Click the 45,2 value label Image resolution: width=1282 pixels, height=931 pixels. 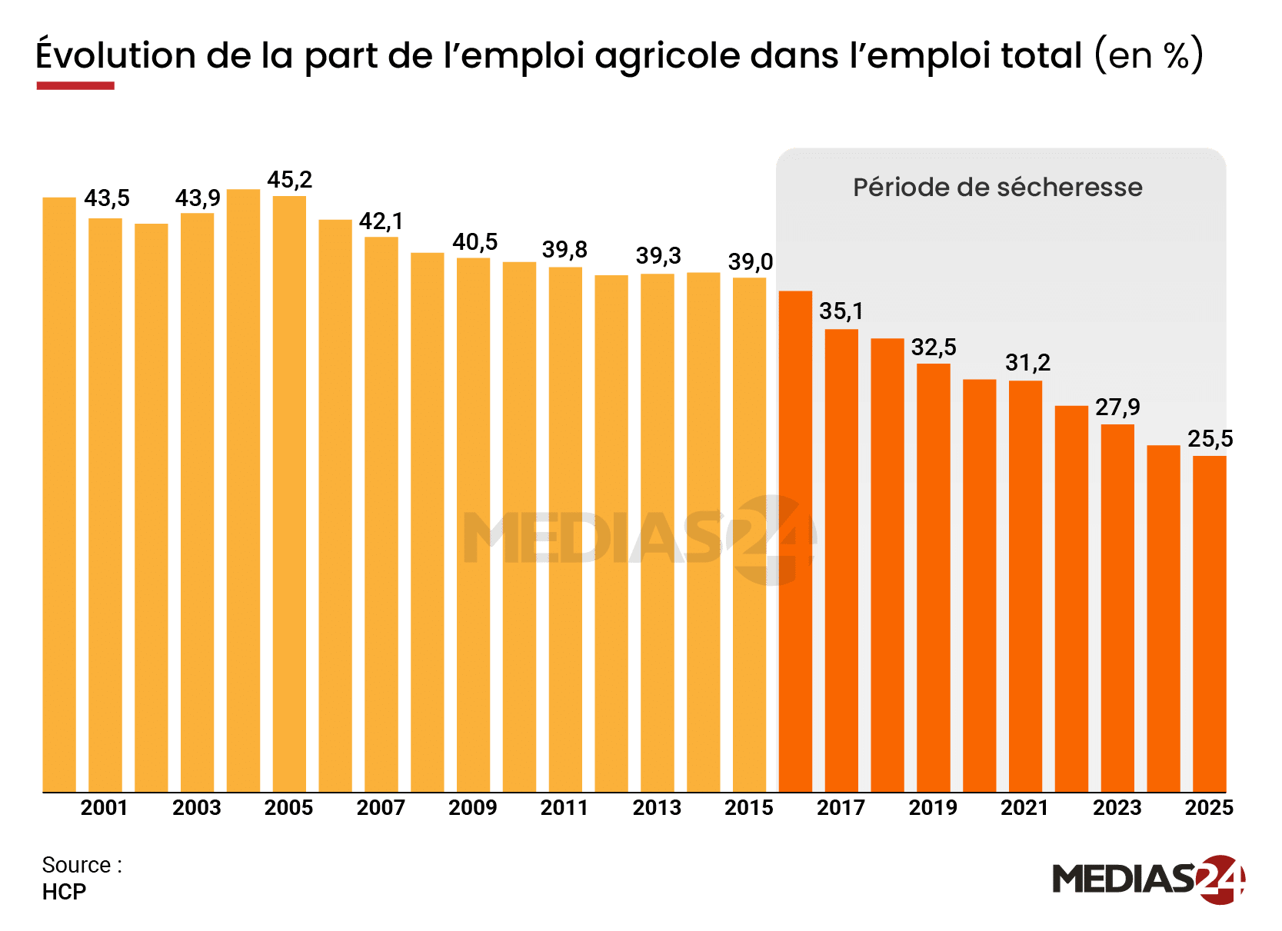point(289,180)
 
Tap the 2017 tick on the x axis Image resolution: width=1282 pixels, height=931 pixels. point(841,808)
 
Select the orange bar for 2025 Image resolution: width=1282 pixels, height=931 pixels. point(1209,623)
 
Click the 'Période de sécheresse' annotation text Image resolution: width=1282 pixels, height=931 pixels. point(997,188)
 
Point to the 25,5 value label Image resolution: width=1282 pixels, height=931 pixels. point(1210,439)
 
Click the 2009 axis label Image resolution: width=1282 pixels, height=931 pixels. point(472,808)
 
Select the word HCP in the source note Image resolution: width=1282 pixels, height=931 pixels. point(64,892)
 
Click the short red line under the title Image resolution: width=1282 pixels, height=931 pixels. point(75,86)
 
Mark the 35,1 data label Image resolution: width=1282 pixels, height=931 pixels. point(841,311)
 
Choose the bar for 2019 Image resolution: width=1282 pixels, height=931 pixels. point(933,577)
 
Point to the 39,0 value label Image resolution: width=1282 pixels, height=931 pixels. point(750,262)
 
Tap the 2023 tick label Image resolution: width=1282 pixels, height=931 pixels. point(1117,808)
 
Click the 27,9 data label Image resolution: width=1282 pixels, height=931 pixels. point(1117,407)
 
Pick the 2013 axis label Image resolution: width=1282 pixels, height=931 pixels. point(657,808)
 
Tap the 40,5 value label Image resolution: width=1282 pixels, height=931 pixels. point(475,242)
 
